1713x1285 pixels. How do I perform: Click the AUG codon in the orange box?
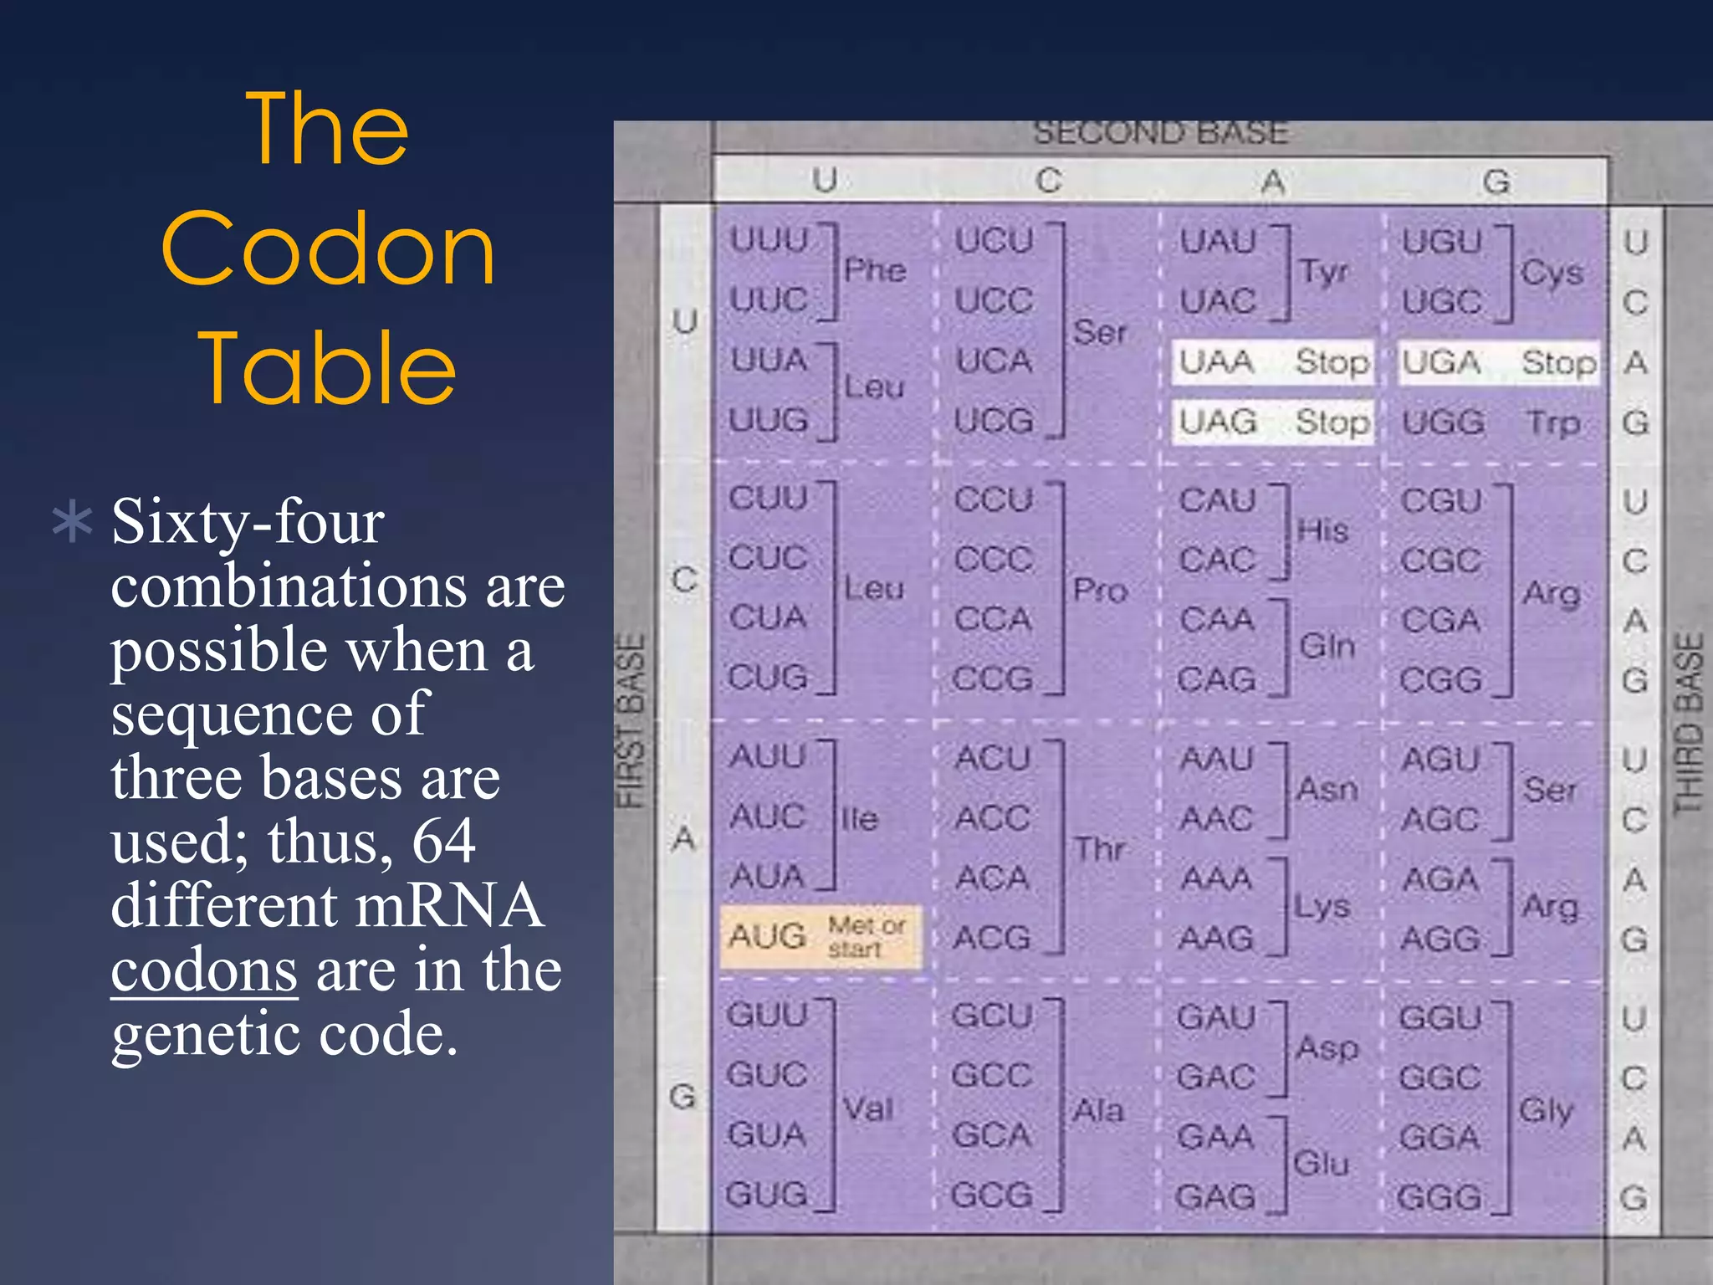767,936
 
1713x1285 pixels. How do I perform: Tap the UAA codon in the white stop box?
1217,362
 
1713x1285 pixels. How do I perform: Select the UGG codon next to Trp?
1443,422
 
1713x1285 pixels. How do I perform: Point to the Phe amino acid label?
875,270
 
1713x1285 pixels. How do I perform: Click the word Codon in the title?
328,248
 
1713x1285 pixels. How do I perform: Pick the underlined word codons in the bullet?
204,970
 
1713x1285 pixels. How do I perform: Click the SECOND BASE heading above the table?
1161,132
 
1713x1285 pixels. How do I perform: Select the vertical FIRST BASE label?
631,721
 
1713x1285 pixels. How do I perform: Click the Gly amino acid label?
1547,1110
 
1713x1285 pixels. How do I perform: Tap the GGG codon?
1440,1197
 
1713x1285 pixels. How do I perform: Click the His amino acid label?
1323,530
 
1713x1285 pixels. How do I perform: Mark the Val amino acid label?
868,1109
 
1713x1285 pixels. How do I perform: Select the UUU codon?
769,241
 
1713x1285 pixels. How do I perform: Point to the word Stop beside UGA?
1558,363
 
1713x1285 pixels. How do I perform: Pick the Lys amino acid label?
1322,906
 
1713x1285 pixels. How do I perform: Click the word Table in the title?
327,368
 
